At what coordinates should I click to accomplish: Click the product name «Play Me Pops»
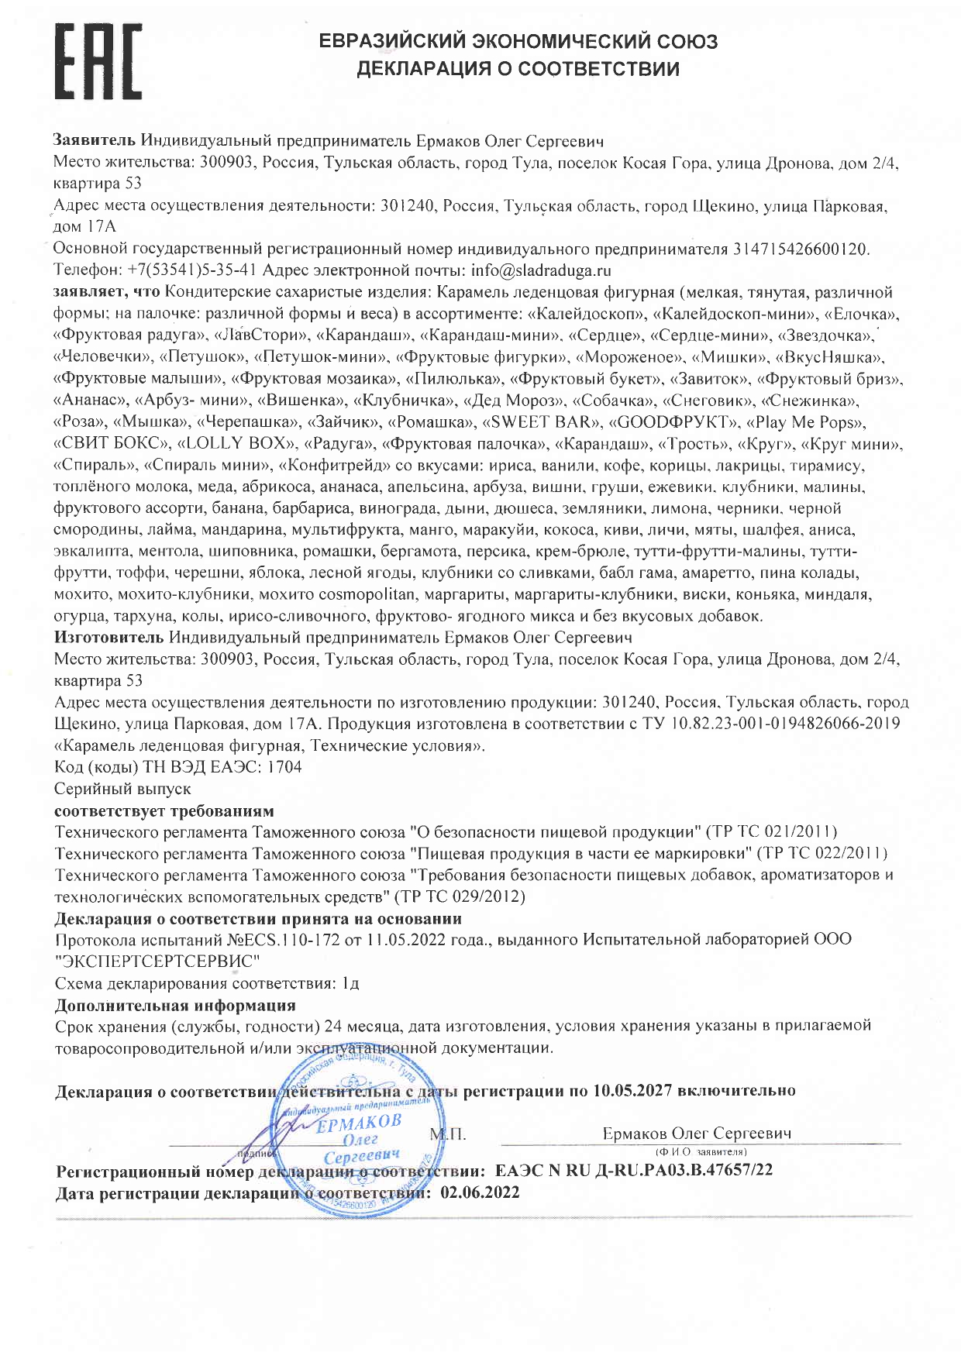pyautogui.click(x=805, y=422)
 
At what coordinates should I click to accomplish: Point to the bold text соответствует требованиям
pyautogui.click(x=164, y=810)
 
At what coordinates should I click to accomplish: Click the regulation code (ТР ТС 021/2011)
pyautogui.click(x=772, y=832)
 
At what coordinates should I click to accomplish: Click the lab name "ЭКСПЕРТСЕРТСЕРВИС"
pyautogui.click(x=157, y=962)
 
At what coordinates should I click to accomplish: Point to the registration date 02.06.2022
pyautogui.click(x=479, y=1193)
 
